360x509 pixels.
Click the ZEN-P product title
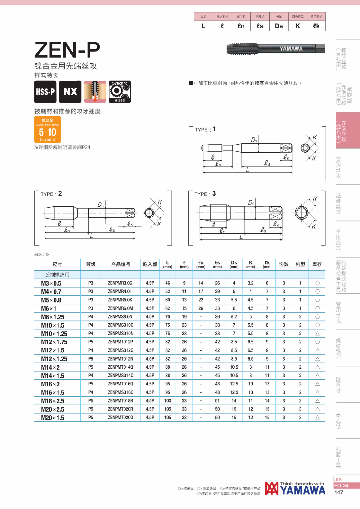coord(67,50)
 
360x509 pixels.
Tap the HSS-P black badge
coord(45,92)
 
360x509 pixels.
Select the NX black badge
coord(70,92)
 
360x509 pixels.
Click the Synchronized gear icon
coord(120,92)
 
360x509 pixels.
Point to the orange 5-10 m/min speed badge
coord(48,130)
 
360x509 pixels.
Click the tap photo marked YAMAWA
coord(276,49)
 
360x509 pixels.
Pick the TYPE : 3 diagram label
coord(205,194)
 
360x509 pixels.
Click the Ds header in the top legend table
coord(279,26)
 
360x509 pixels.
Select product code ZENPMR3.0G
coord(120,283)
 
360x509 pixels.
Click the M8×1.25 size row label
coord(53,317)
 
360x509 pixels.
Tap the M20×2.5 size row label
coord(53,409)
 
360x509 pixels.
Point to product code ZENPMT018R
coord(120,401)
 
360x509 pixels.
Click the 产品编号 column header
coord(121,264)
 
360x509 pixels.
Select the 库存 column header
coord(317,264)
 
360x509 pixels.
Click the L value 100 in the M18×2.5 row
coord(168,401)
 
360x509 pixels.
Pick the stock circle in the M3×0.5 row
coord(317,283)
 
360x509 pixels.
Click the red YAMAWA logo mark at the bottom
coord(272,489)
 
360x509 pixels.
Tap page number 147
coord(339,493)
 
